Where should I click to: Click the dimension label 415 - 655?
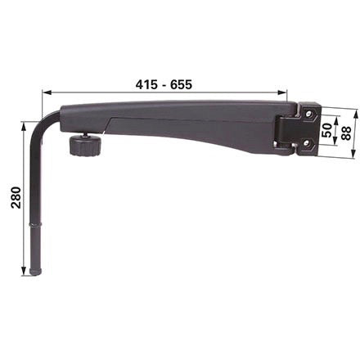click(164, 84)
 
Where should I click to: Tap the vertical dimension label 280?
click(16, 197)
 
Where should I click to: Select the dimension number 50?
click(326, 130)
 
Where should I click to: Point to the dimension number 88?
click(346, 133)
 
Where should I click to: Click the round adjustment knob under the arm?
click(85, 145)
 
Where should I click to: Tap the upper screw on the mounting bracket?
click(308, 113)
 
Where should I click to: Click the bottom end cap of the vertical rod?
click(36, 272)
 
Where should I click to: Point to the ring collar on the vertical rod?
click(36, 224)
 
